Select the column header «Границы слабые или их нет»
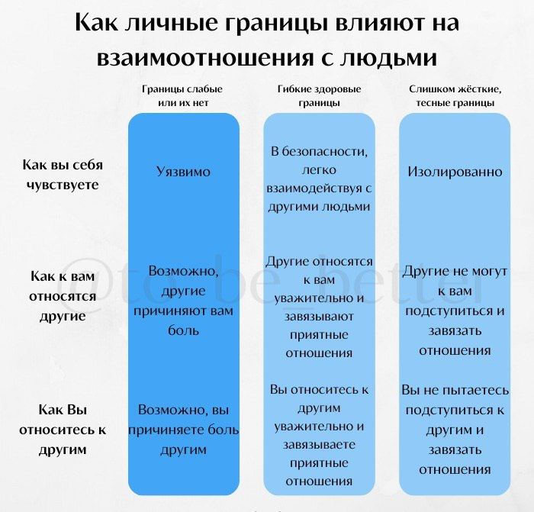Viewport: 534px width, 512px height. [x=183, y=95]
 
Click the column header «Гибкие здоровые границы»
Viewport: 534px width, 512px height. [x=319, y=95]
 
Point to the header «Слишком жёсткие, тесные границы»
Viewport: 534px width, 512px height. [x=455, y=95]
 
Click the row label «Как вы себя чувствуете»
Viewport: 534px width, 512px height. [x=63, y=175]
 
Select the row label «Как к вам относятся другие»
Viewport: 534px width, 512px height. [x=63, y=296]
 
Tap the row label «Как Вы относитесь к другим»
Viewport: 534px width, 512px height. [x=63, y=430]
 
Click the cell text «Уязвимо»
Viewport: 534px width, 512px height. [x=183, y=172]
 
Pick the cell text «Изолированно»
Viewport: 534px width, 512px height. [x=455, y=172]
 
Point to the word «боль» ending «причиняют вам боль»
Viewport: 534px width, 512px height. [x=183, y=330]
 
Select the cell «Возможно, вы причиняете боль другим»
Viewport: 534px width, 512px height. [x=183, y=430]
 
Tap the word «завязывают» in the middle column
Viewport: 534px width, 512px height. [x=319, y=317]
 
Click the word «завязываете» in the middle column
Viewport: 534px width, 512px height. [x=319, y=445]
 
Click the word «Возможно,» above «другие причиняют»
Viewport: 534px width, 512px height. [x=183, y=271]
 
